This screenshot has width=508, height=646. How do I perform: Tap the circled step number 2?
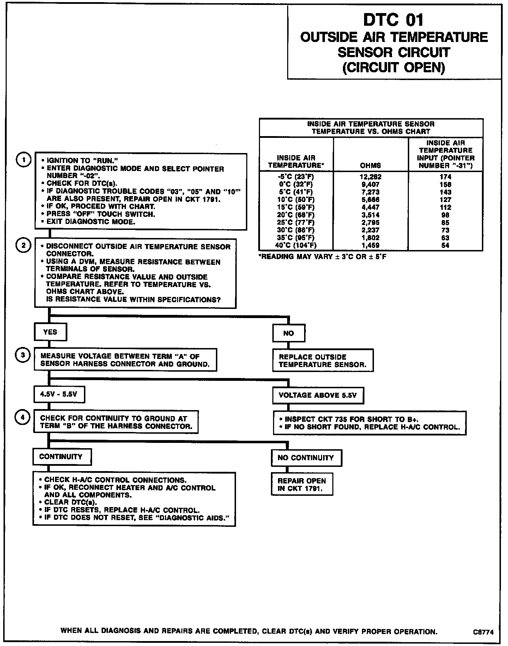click(x=23, y=245)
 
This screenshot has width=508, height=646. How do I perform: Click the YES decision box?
click(x=50, y=332)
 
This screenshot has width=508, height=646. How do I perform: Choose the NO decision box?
click(x=289, y=333)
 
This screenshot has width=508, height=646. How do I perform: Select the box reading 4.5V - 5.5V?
click(x=59, y=395)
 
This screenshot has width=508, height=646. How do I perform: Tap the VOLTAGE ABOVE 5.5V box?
click(x=317, y=395)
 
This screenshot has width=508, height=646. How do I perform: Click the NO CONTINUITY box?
click(x=306, y=458)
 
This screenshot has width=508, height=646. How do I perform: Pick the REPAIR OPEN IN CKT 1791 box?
click(x=302, y=485)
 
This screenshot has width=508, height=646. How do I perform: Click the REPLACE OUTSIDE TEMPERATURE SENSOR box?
click(x=322, y=361)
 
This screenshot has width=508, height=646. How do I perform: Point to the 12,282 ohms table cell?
click(x=370, y=177)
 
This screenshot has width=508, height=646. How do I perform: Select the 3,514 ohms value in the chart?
click(x=370, y=215)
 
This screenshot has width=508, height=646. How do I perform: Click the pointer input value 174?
click(x=446, y=177)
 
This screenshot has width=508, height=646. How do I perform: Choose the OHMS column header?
click(x=370, y=165)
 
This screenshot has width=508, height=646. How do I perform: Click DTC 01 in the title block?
click(x=393, y=20)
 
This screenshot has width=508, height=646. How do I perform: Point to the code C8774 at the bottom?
click(x=483, y=633)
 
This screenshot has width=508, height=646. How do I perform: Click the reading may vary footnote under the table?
click(x=322, y=257)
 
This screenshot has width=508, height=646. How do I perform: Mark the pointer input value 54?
click(x=446, y=245)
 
